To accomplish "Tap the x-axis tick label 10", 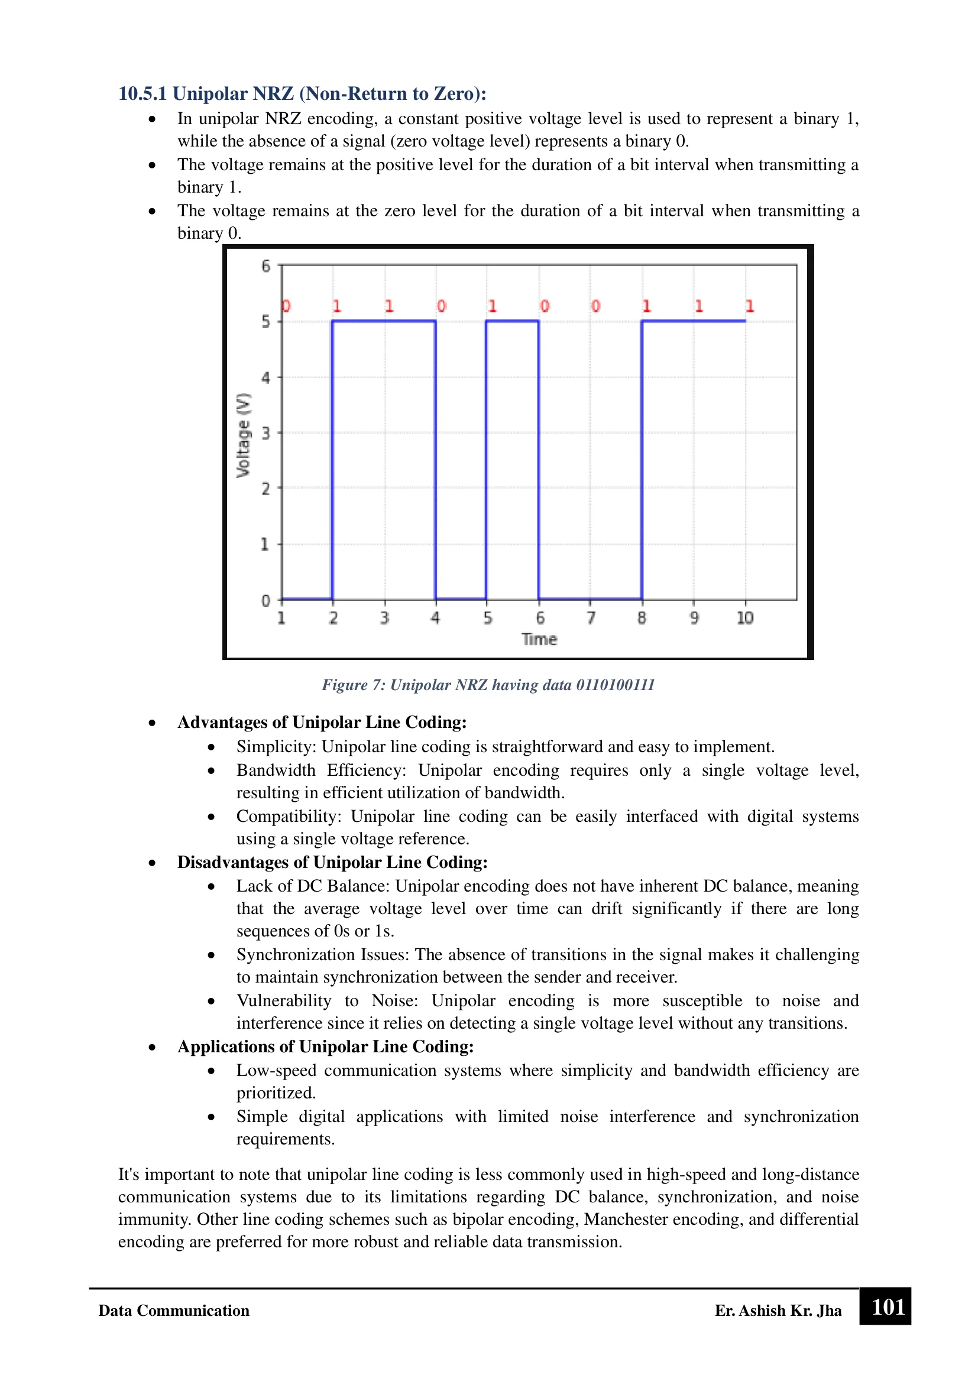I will click(x=745, y=618).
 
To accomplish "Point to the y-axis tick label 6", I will click(x=265, y=266).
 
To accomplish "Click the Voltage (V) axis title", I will click(x=243, y=435).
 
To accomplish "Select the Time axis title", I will click(x=539, y=639).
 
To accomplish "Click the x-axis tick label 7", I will click(x=591, y=618).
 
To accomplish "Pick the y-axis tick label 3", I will click(x=265, y=433).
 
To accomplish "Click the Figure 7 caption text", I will click(x=488, y=685).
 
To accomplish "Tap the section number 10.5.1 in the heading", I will click(x=142, y=94).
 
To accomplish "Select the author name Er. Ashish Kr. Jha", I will click(x=778, y=1311).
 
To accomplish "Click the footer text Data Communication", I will click(x=173, y=1311).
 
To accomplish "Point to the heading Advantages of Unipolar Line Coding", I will click(x=322, y=722).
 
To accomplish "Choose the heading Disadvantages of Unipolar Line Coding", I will click(x=332, y=862).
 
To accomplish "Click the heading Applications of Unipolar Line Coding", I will click(x=325, y=1046).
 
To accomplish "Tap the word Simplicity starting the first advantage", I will click(x=275, y=746).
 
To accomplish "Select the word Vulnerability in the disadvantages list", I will click(x=284, y=1000).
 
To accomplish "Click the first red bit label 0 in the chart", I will click(x=286, y=307).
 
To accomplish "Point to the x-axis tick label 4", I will click(x=435, y=618).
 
